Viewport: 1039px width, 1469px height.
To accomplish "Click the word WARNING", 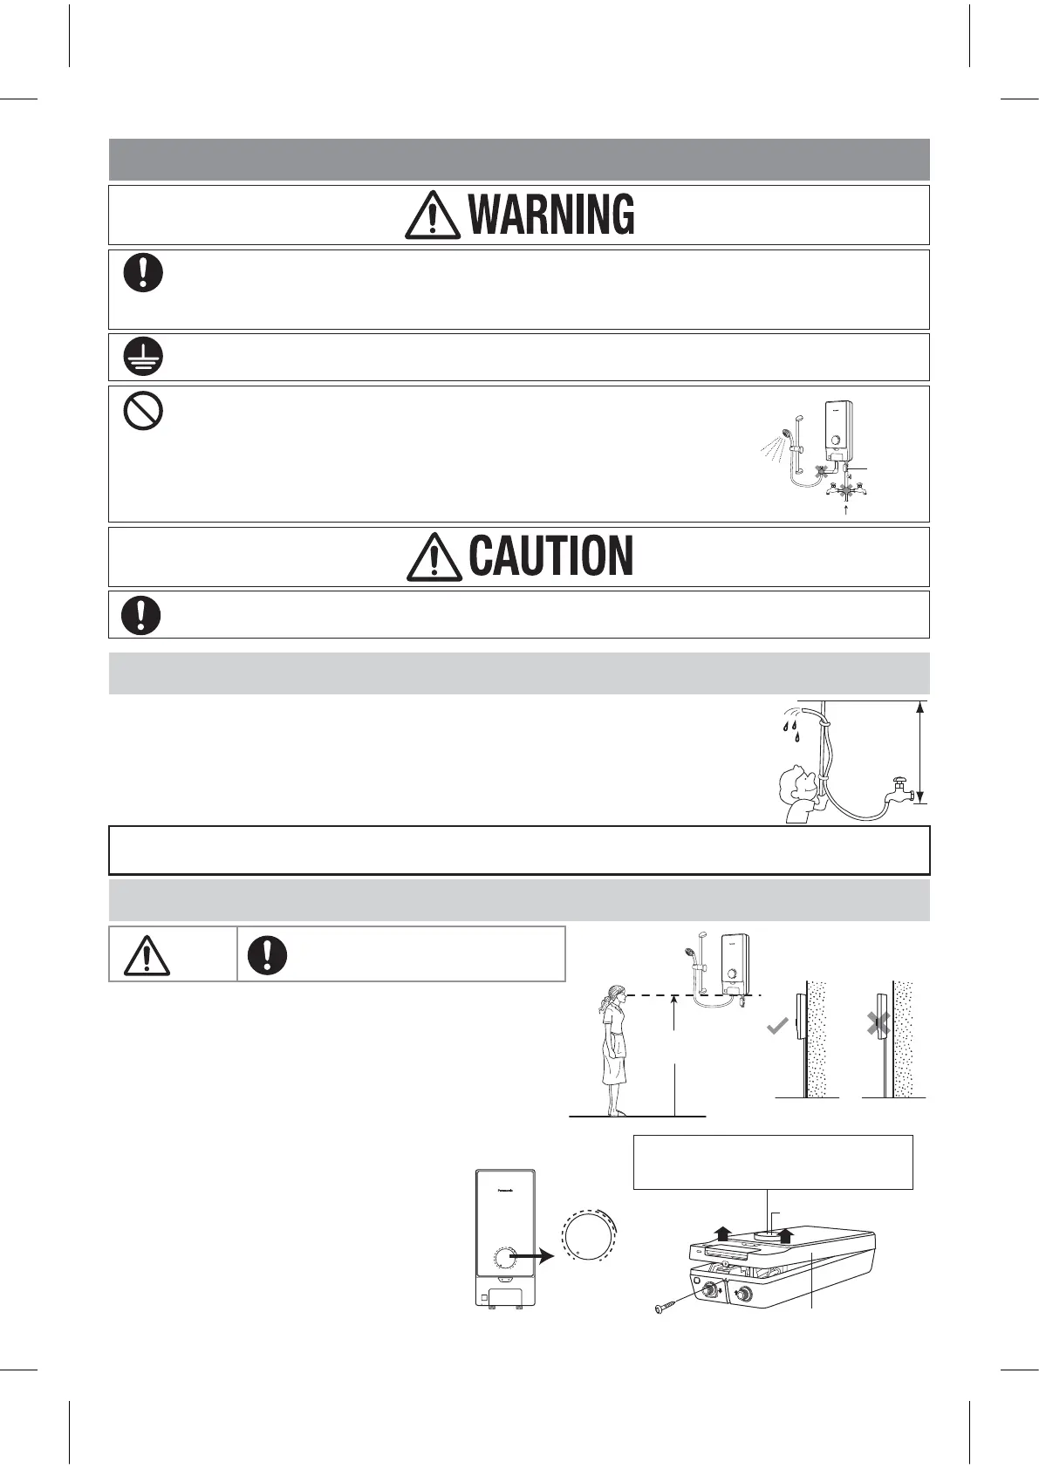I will click(551, 215).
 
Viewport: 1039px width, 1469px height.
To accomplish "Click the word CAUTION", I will click(550, 557).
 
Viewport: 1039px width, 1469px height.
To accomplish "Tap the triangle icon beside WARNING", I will click(433, 215).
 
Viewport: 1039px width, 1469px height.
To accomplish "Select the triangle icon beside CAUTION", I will click(434, 557).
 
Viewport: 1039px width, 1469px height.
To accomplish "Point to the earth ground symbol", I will click(142, 357).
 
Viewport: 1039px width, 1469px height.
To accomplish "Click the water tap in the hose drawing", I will click(899, 790).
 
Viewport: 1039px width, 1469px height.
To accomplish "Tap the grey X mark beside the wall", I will click(878, 1025).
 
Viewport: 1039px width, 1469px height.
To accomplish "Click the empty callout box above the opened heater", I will click(773, 1162).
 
